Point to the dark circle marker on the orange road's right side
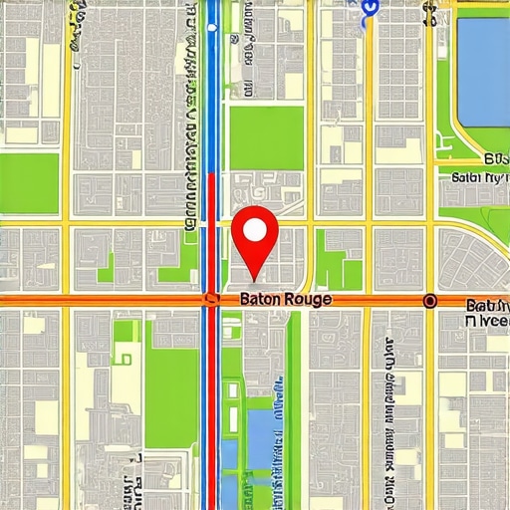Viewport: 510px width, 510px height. (x=429, y=300)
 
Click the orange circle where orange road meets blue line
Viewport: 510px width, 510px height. (x=210, y=299)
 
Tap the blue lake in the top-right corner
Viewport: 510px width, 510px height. (x=483, y=65)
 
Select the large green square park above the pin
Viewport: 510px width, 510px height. (x=266, y=137)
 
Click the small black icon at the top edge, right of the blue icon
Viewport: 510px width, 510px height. (x=429, y=12)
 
